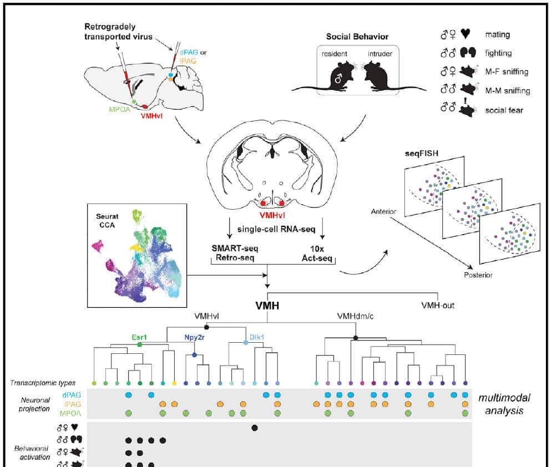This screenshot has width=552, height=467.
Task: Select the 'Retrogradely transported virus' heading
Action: click(118, 32)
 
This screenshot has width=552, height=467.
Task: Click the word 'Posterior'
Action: click(478, 275)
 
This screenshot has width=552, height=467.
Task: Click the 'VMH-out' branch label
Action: click(438, 304)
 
